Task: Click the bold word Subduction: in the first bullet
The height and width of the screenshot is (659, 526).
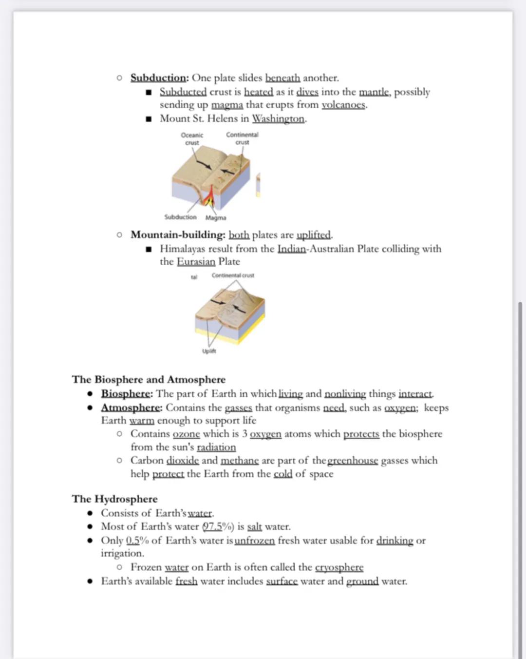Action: (x=159, y=78)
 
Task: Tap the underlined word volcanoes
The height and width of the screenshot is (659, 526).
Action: (x=344, y=105)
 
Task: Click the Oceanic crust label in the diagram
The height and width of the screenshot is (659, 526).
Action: (x=192, y=139)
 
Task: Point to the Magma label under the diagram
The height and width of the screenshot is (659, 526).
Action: (x=215, y=218)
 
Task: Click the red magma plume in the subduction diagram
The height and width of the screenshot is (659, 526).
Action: (x=210, y=197)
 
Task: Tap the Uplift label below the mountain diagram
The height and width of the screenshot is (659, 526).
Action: (x=209, y=351)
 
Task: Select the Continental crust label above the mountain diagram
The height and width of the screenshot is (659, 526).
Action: (x=233, y=275)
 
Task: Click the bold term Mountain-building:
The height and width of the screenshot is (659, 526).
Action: (x=177, y=235)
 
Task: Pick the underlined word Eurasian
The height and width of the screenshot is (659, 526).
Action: (x=196, y=262)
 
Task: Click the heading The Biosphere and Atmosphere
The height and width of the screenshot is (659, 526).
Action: (x=149, y=380)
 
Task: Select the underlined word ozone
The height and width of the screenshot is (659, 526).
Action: (x=186, y=434)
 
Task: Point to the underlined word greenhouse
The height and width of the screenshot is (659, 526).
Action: (x=353, y=461)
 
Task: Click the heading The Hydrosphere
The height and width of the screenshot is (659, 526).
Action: (x=114, y=499)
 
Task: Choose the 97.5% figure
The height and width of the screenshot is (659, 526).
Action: (x=218, y=527)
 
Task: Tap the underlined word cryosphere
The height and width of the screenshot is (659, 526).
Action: (x=339, y=567)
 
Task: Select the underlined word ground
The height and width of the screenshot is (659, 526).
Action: (x=362, y=581)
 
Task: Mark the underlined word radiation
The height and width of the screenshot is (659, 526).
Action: (x=216, y=447)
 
